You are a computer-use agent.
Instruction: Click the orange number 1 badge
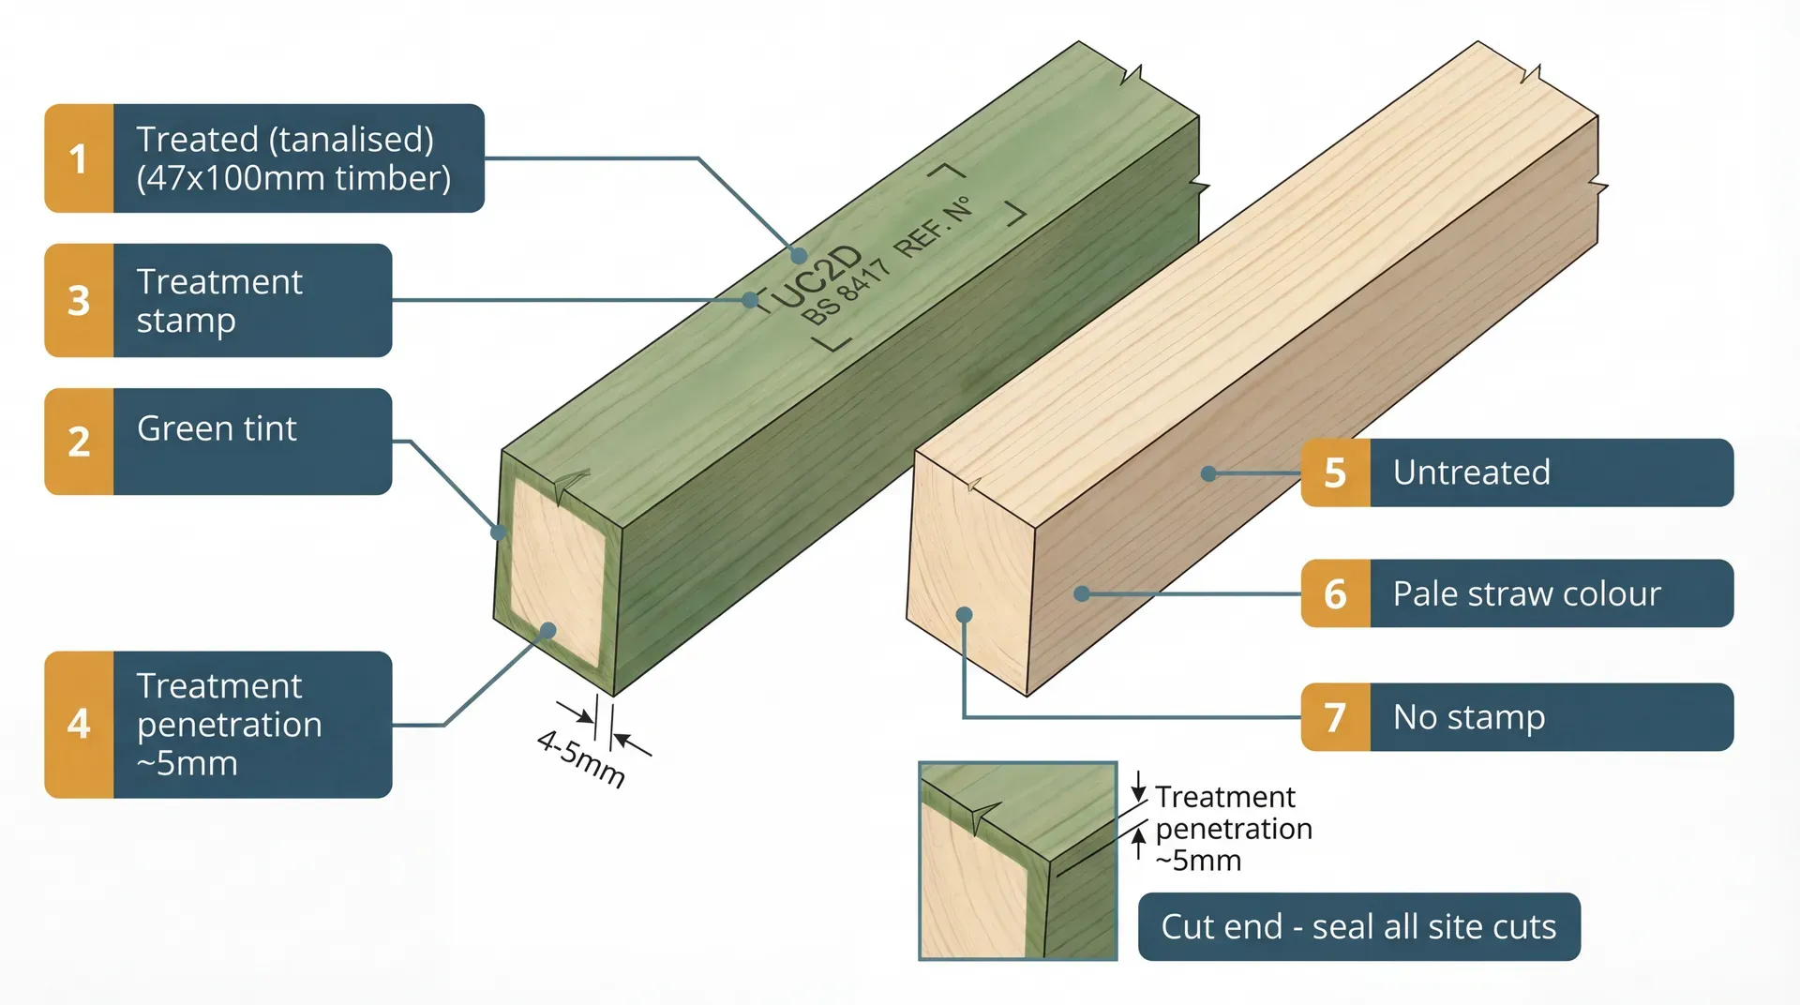click(x=79, y=158)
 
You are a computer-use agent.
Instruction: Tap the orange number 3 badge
click(x=79, y=301)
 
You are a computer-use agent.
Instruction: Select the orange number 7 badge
click(x=1335, y=717)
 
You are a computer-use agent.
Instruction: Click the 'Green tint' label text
click(x=217, y=428)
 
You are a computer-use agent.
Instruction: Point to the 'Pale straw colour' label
click(x=1526, y=593)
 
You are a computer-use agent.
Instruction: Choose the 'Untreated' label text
click(x=1471, y=472)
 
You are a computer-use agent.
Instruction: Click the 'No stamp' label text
click(x=1468, y=717)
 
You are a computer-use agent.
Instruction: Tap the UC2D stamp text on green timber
click(x=817, y=277)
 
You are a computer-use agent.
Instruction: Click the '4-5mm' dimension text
click(x=581, y=758)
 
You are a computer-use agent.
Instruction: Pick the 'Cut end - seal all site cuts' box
click(x=1358, y=926)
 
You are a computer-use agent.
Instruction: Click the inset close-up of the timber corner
click(x=1017, y=861)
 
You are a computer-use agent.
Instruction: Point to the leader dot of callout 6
click(x=1081, y=593)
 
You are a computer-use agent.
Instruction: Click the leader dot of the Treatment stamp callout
click(x=750, y=300)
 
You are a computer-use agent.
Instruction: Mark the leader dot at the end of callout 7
click(x=964, y=615)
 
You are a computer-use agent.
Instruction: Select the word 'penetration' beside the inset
click(x=1233, y=829)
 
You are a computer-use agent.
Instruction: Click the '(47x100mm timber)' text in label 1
click(x=293, y=178)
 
